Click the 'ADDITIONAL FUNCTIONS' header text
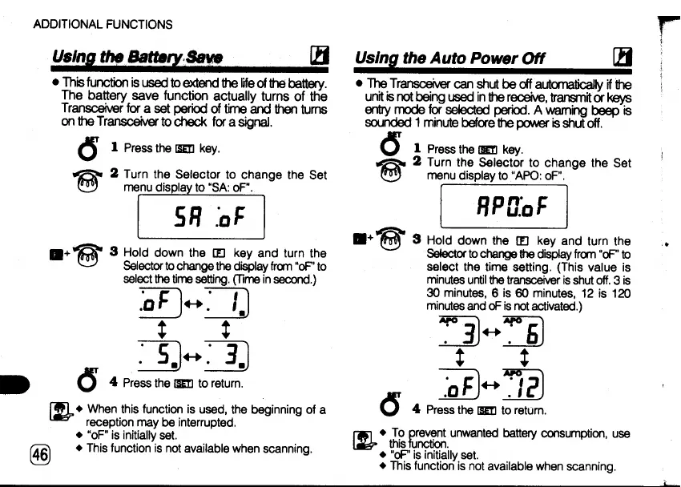pos(103,25)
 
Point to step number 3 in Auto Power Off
pos(417,239)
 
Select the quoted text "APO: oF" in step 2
pos(540,176)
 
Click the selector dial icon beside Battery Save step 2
pos(90,181)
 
